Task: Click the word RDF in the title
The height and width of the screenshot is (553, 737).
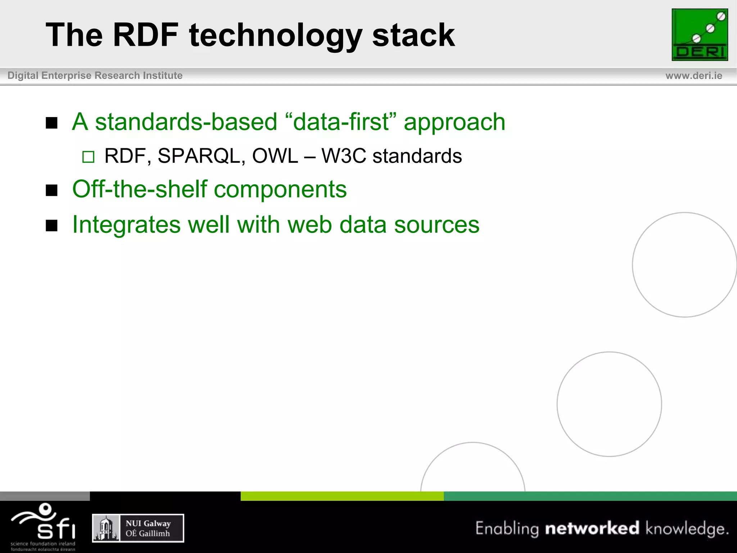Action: coord(145,35)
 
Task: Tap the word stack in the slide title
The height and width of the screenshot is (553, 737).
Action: coord(413,35)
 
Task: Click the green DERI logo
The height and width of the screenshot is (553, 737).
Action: coord(700,35)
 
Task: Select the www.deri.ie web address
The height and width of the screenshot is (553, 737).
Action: coord(693,76)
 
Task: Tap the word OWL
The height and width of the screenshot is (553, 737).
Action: coord(275,156)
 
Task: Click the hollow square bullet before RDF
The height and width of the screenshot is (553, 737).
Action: coord(88,157)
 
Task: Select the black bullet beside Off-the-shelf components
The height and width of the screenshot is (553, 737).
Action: coord(52,190)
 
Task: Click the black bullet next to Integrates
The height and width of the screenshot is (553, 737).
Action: coord(52,226)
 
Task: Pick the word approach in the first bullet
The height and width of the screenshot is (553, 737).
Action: coord(455,122)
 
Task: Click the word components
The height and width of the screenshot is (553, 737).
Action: coord(280,189)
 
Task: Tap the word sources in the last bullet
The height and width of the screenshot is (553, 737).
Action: coord(437,225)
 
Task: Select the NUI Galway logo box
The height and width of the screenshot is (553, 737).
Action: coord(138,528)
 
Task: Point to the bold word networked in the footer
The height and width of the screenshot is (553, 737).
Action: coord(592,528)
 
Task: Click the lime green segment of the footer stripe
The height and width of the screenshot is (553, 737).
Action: coord(342,496)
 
